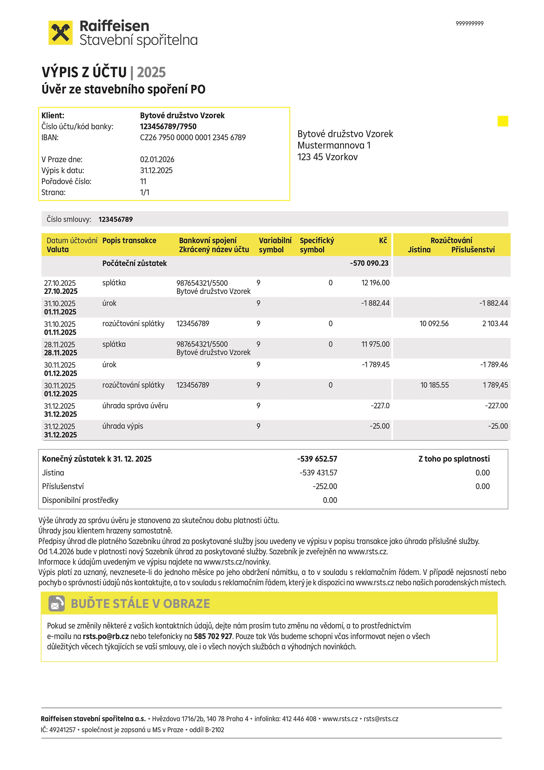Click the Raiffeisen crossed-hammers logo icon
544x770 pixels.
coord(60,33)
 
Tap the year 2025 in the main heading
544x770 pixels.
coord(151,72)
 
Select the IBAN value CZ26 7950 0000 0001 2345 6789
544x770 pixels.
coord(193,138)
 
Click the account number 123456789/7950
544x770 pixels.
coord(168,126)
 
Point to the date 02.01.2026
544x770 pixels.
coord(157,159)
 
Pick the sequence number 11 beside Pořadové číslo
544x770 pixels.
coord(143,181)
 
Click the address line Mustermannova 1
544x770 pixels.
coord(334,145)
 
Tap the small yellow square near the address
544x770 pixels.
coord(503,121)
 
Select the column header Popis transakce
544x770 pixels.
coord(129,240)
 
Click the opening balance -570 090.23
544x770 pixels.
coord(369,263)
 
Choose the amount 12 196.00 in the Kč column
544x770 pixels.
coord(375,283)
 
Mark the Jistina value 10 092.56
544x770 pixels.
coord(434,324)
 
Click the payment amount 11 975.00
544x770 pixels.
coord(375,344)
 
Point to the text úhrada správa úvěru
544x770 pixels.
coord(135,405)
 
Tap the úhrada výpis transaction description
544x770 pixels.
coord(123,426)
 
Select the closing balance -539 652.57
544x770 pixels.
coord(317,459)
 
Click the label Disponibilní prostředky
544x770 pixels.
coord(80,500)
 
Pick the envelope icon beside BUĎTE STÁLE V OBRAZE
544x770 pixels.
coord(57,603)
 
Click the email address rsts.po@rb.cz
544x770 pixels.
coord(106,636)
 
